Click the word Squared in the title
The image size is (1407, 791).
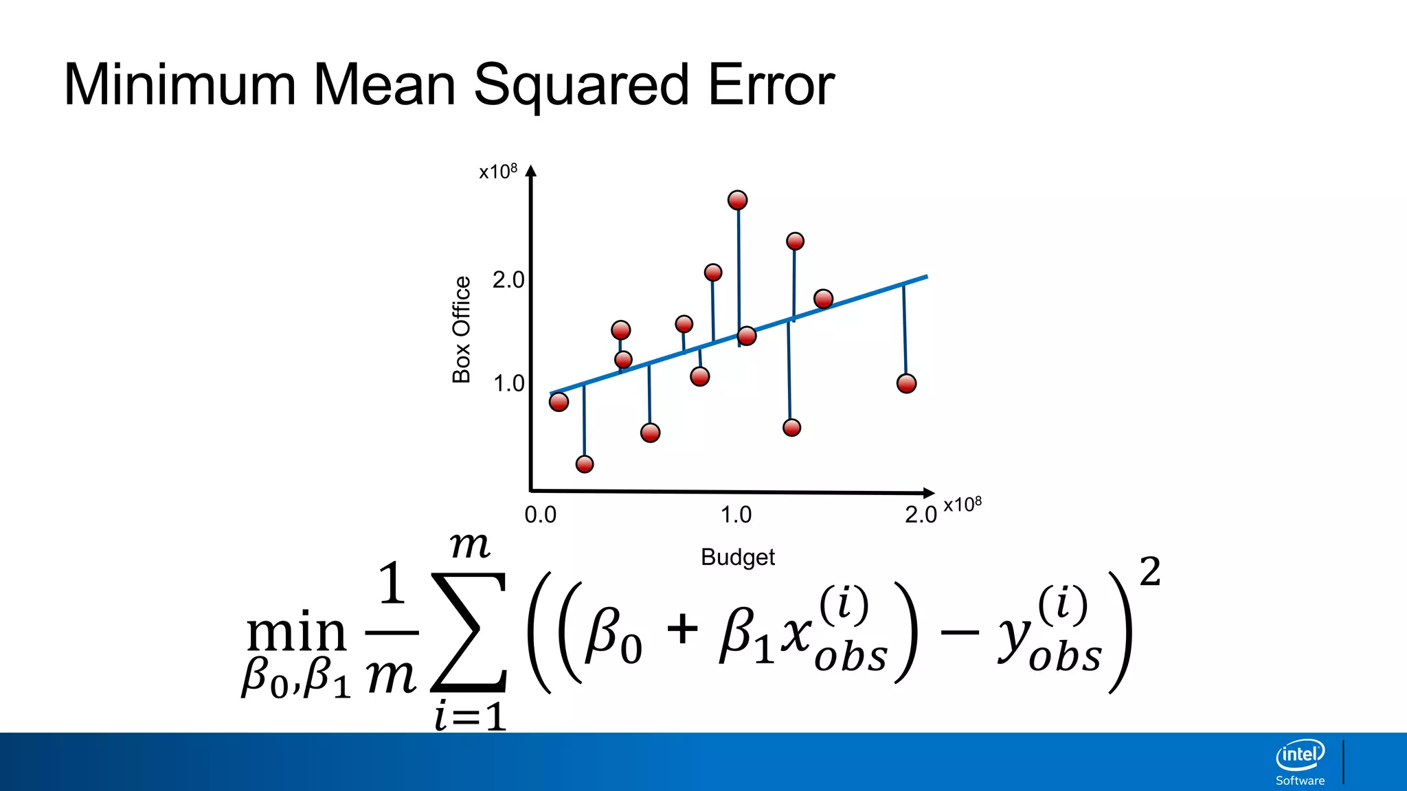(x=581, y=85)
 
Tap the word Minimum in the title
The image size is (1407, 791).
(x=180, y=85)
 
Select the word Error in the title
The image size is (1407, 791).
(x=771, y=85)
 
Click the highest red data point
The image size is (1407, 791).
(x=737, y=200)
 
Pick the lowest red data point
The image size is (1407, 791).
(x=585, y=464)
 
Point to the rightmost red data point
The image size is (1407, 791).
(x=906, y=383)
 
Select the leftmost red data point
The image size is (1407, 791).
(x=559, y=402)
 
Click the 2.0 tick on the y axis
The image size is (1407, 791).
(x=508, y=280)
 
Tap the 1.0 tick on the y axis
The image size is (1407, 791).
(x=508, y=383)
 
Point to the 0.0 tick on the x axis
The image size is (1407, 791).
(x=540, y=514)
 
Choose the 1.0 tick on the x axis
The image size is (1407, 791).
(x=736, y=514)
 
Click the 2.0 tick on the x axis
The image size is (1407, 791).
(x=921, y=514)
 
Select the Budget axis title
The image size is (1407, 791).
(x=737, y=557)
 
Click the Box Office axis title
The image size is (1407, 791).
(x=461, y=330)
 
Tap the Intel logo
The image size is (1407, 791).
(x=1300, y=756)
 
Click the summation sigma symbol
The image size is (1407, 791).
(x=469, y=632)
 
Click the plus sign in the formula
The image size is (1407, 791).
(x=682, y=629)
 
